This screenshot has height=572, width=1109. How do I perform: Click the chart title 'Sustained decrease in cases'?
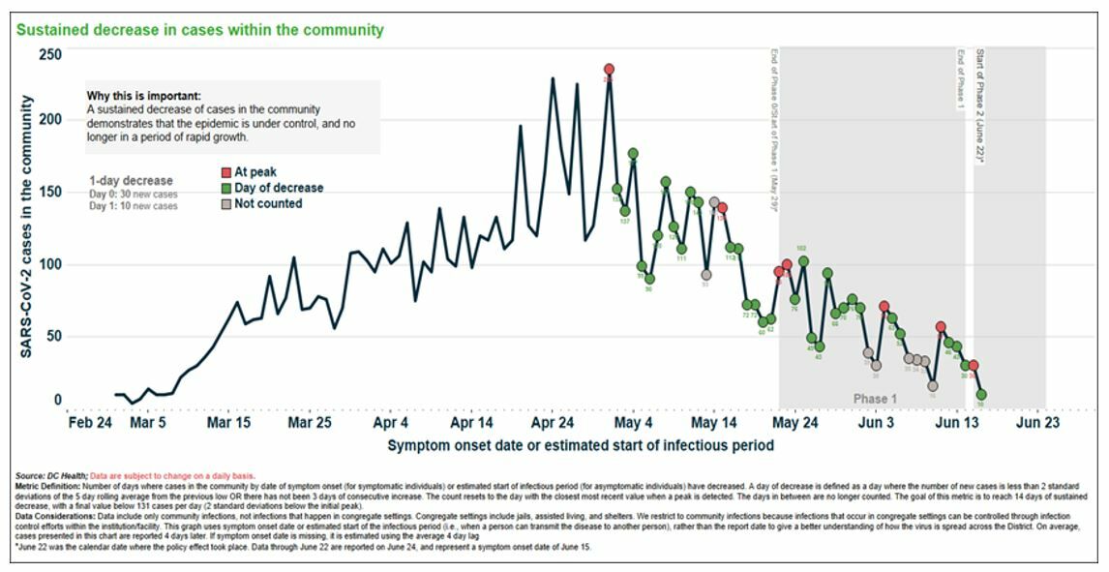199,30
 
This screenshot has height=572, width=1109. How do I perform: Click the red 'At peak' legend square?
226,172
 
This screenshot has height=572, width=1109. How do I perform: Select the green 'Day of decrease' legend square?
226,188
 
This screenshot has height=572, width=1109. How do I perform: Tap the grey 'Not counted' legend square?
226,204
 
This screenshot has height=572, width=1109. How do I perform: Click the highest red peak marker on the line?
609,70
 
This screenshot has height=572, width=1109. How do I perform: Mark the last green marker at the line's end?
981,395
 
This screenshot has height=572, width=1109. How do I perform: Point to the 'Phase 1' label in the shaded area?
875,399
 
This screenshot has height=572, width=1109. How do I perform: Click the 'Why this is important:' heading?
144,97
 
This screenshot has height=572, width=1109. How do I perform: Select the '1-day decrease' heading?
131,181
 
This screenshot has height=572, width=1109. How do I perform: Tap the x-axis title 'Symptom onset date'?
581,446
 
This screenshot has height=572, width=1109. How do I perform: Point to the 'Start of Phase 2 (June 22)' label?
980,106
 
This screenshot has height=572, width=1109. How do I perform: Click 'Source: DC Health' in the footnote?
51,476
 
